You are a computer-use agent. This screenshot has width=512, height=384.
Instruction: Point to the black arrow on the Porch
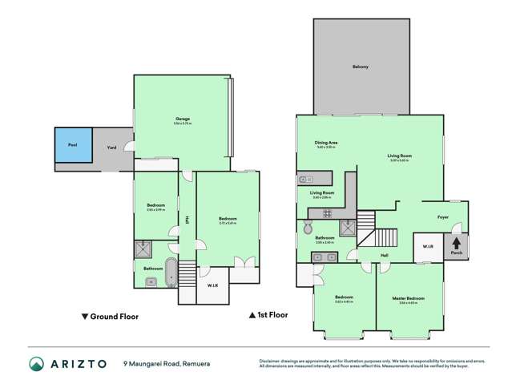[457, 242]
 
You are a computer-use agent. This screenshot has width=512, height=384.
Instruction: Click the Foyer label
[442, 216]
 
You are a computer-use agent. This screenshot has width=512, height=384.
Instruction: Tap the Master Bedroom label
[409, 299]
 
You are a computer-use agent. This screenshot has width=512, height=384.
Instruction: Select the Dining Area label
[326, 143]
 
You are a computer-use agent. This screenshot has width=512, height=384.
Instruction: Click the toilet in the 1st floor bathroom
[308, 228]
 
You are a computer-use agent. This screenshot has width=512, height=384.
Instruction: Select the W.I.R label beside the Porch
[428, 247]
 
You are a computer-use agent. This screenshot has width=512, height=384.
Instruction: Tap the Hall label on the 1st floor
[385, 256]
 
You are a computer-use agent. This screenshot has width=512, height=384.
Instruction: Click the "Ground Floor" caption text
[111, 316]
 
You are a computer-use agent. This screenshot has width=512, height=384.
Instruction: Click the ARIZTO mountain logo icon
[36, 363]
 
